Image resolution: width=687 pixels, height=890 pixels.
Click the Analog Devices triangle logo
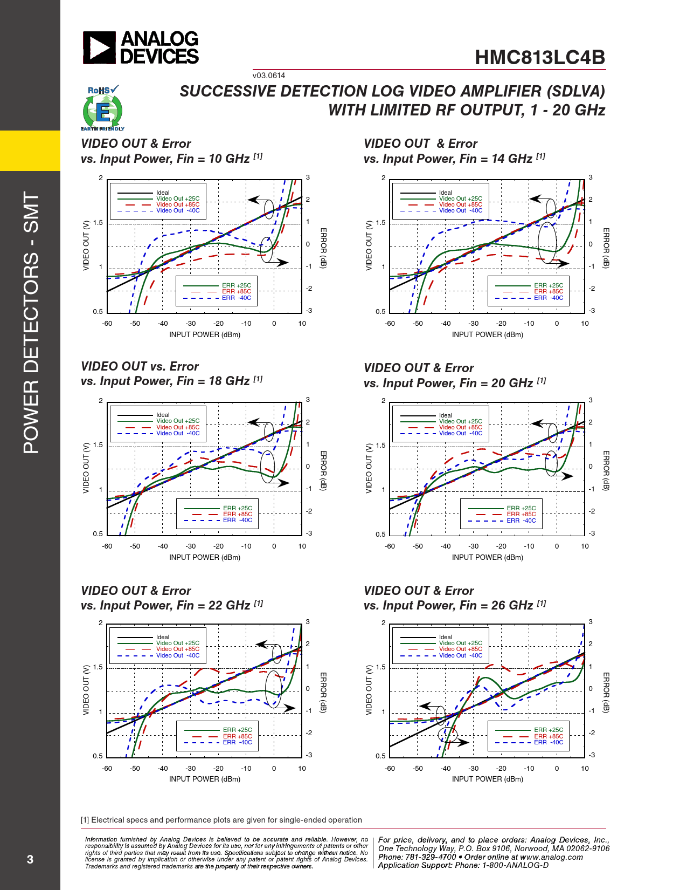(99, 47)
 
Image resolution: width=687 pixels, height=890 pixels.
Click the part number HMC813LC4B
(540, 58)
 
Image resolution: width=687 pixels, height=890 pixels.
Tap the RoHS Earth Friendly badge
(102, 108)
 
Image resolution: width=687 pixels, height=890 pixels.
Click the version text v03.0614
(269, 76)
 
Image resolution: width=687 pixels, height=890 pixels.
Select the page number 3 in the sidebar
(30, 859)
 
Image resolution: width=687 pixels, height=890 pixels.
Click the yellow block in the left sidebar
(30, 150)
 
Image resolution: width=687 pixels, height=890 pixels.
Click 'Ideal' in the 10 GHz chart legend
(163, 193)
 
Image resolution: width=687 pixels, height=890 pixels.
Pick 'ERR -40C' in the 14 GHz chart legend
(549, 298)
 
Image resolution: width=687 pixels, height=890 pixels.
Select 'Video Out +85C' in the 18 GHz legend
(178, 427)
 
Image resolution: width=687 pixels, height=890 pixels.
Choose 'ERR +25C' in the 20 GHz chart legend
(521, 508)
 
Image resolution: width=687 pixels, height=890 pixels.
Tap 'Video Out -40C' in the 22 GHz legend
(178, 655)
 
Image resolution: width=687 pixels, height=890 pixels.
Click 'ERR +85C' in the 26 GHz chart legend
(549, 736)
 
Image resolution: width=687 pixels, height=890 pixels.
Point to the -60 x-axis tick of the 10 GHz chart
(107, 324)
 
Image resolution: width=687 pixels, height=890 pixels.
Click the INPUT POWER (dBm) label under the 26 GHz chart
(487, 779)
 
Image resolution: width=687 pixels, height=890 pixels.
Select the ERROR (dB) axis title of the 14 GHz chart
(606, 248)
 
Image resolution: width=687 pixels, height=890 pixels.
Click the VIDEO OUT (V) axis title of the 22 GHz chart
(86, 689)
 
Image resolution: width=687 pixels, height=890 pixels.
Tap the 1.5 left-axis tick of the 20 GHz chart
(380, 446)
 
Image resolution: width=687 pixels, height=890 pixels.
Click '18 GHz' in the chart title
(229, 381)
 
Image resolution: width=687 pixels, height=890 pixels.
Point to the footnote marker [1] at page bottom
(85, 820)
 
